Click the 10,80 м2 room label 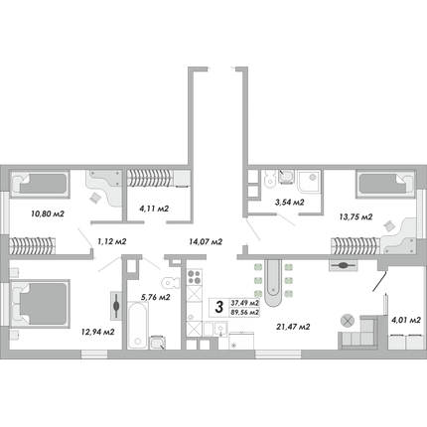point(48,213)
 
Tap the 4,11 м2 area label point(153,209)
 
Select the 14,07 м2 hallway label point(206,241)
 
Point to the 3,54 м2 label point(289,202)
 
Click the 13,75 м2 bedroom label point(356,216)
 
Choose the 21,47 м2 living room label point(293,327)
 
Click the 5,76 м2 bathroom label point(155,297)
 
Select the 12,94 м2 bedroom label point(98,332)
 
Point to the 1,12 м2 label point(112,241)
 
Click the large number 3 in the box point(219,307)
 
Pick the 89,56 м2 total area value point(245,313)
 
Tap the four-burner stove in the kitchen point(195,277)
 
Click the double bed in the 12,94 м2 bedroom point(40,304)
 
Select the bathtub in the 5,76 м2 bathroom point(137,325)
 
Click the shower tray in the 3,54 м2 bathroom point(309,181)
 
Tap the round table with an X point(348,321)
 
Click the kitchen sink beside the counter point(220,329)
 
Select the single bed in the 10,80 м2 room point(40,184)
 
